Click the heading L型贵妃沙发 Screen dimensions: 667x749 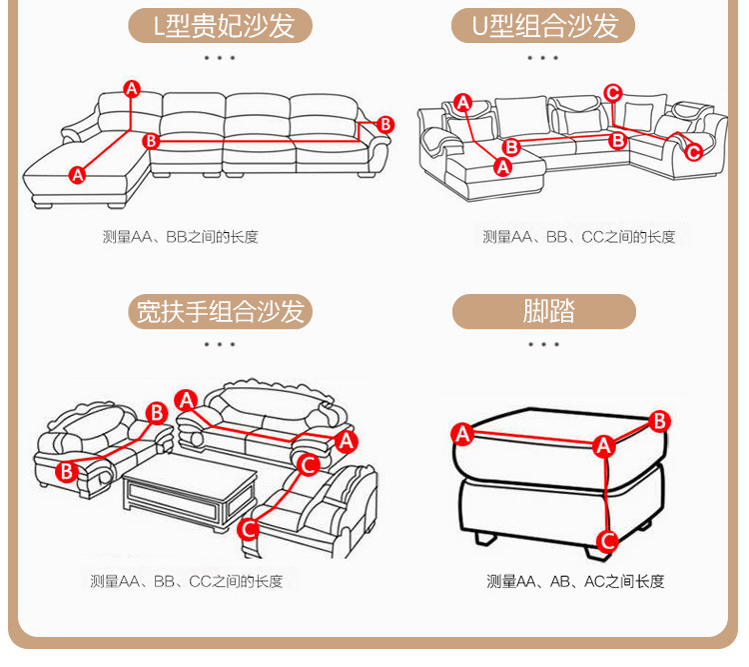coord(221,26)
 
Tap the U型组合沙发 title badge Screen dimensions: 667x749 coord(543,26)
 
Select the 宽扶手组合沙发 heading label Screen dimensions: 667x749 coord(221,311)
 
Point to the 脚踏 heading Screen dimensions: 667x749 coord(543,311)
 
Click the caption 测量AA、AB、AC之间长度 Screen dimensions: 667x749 coord(575,581)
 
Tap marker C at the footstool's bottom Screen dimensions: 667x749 coord(606,541)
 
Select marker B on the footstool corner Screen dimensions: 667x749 coord(658,421)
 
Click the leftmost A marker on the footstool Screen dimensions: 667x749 coord(462,434)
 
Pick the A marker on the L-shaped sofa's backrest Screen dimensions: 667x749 coord(132,89)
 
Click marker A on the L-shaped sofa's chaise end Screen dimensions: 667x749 coord(78,175)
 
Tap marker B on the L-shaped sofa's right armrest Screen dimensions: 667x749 coord(385,124)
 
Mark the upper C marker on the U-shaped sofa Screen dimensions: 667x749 coord(613,93)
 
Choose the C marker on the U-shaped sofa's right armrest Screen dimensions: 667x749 coord(693,151)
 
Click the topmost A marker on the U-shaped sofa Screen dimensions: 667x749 coord(462,102)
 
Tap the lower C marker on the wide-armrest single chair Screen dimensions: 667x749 coord(249,528)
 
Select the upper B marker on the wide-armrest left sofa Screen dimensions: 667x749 coord(157,412)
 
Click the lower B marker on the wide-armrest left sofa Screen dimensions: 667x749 coord(66,470)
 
